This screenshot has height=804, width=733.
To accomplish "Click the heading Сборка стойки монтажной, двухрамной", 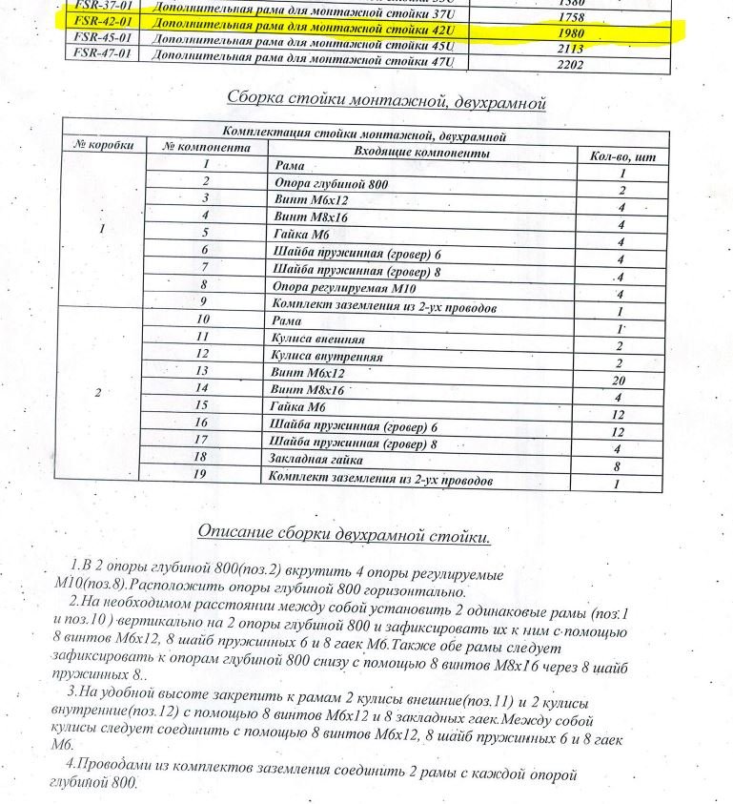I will pos(386,99).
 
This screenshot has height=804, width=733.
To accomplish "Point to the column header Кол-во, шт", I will pos(621,156).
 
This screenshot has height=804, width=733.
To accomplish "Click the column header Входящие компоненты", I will pos(420,153).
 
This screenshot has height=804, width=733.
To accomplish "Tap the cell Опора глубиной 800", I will pos(331,182).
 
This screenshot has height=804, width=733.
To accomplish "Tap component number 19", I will pos(201,474).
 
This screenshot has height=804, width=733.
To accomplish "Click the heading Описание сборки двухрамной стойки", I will pos(344,534).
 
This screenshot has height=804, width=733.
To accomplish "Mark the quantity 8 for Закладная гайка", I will pos(619,467).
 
